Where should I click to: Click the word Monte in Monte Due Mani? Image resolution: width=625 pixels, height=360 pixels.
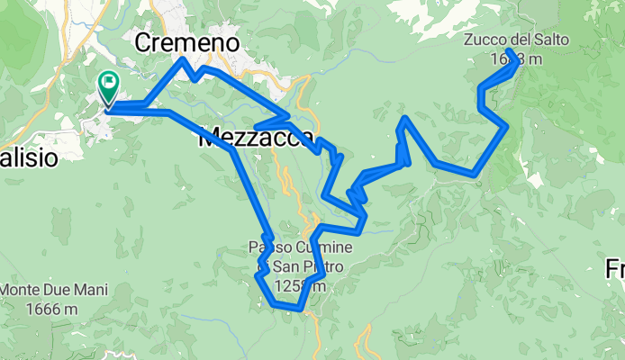click(23, 291)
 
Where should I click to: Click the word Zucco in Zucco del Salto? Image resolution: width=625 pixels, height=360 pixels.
click(485, 40)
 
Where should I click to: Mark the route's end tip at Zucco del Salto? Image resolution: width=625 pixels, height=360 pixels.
click(510, 51)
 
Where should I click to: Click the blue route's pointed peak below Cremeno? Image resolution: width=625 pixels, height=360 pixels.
click(184, 60)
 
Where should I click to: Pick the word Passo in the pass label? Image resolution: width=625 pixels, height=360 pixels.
click(270, 247)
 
